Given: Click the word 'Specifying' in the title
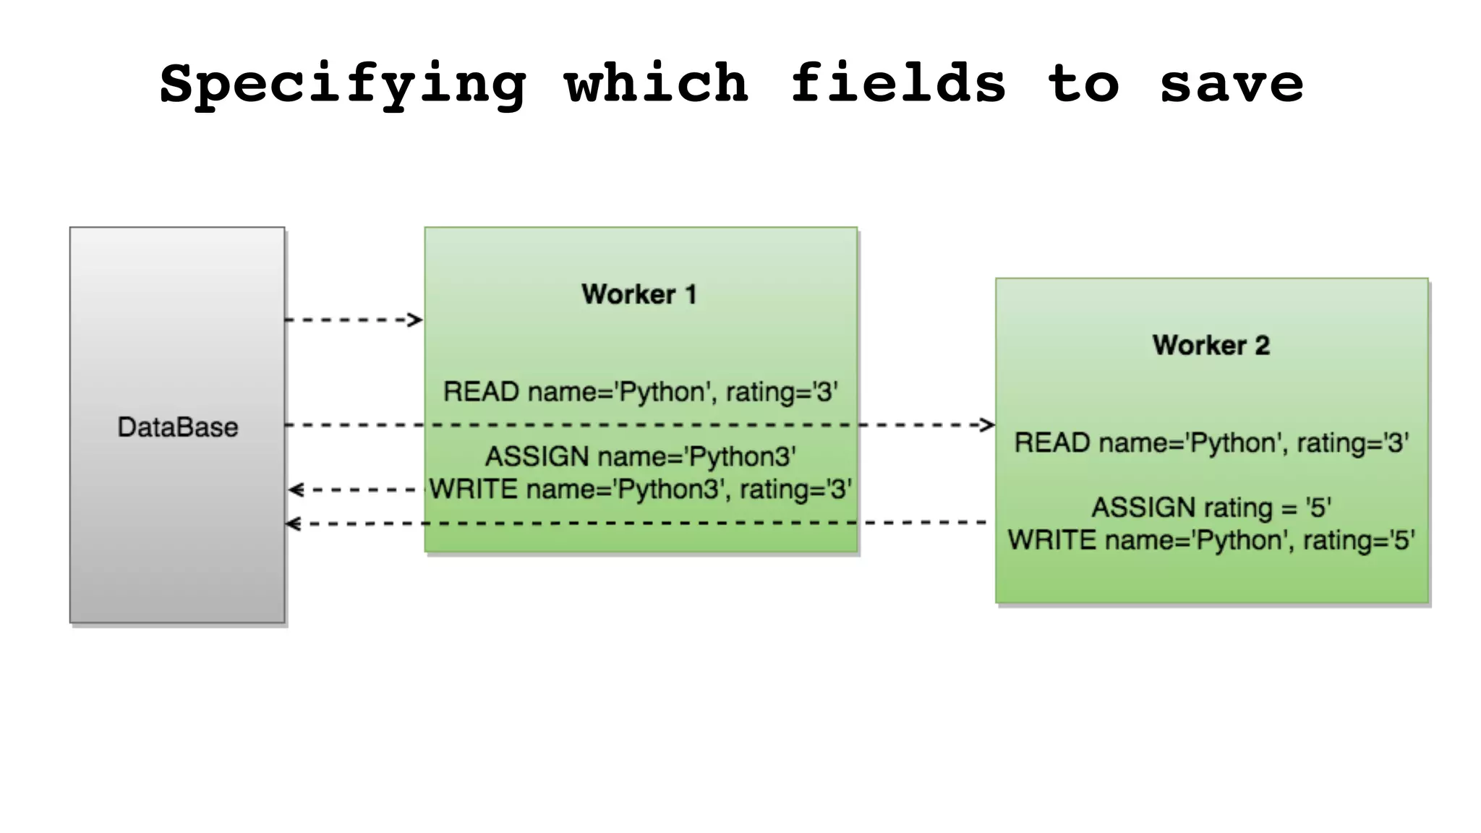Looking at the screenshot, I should point(342,84).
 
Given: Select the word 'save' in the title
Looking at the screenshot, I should point(1232,84).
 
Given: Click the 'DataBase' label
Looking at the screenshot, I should point(178,427).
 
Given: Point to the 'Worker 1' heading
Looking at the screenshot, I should point(639,294).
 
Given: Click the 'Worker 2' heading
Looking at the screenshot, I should point(1211,345).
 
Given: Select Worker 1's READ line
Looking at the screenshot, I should point(641,392).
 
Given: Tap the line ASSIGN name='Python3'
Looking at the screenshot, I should point(641,456).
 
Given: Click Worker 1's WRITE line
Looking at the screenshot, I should point(641,490).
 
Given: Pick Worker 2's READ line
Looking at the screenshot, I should point(1211,443).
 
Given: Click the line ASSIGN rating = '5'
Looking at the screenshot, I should point(1211,507).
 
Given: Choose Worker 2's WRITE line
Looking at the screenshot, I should point(1211,540).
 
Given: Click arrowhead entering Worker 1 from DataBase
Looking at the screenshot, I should point(416,320).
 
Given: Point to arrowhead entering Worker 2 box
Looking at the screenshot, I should point(988,424).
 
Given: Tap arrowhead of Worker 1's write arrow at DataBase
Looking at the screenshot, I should point(294,490).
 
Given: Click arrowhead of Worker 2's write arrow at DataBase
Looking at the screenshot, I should point(292,524).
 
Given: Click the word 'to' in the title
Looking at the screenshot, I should point(1083,84).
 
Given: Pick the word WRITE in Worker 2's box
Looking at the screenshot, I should point(1052,540).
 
